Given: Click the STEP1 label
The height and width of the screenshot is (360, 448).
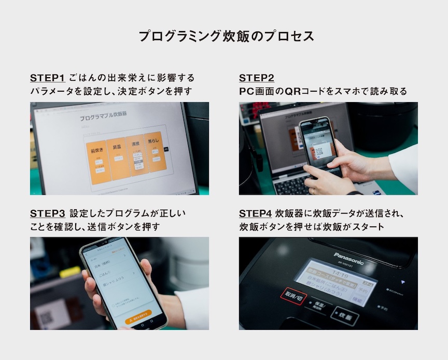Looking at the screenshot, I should [47, 78].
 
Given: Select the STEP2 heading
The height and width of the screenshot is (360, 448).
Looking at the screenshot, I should [256, 78].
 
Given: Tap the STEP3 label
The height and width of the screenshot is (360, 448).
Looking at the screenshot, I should [47, 213].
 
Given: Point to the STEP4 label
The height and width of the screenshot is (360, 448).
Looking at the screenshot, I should [256, 213].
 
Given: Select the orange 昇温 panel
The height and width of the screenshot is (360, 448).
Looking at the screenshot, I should [118, 158].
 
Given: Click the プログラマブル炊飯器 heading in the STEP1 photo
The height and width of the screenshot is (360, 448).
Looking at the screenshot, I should [103, 116].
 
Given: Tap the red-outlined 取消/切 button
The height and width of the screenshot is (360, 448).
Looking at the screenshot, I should [293, 296].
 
